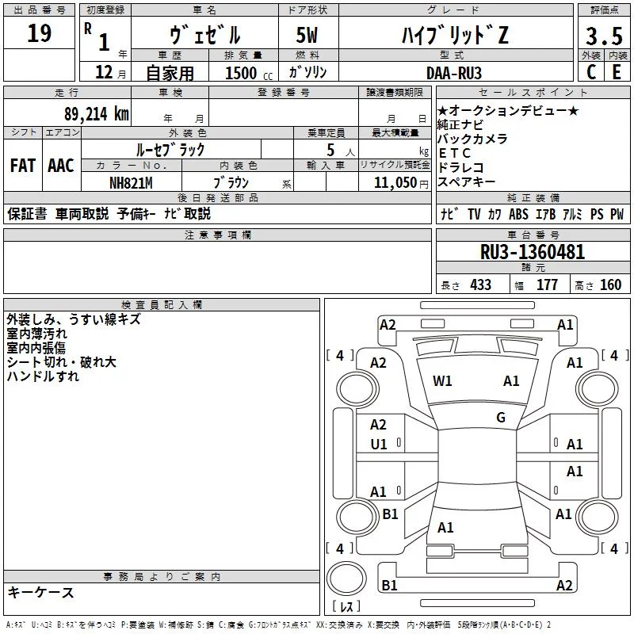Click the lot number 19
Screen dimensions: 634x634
tap(39, 33)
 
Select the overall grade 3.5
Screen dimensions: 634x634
tap(604, 36)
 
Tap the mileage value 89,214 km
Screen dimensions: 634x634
tap(97, 114)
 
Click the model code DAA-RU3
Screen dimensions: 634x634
tap(454, 73)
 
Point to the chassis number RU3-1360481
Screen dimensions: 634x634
tap(533, 252)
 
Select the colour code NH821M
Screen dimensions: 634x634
tap(131, 183)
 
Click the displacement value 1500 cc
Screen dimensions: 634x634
tap(249, 73)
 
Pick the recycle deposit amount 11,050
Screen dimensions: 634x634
tap(395, 183)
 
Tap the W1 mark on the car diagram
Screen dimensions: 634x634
tap(442, 381)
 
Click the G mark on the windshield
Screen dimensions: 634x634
tap(501, 417)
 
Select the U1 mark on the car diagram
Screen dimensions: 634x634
tap(379, 445)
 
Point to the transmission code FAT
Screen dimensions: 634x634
tap(23, 166)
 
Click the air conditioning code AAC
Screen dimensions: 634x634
tap(61, 166)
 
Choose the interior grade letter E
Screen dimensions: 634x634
tap(617, 72)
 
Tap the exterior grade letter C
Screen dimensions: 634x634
tap(591, 72)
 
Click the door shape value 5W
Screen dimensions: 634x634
tap(307, 35)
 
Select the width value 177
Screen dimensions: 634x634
tap(547, 285)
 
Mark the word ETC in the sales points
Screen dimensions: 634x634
tap(455, 153)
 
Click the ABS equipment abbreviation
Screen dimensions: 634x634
tap(518, 214)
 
